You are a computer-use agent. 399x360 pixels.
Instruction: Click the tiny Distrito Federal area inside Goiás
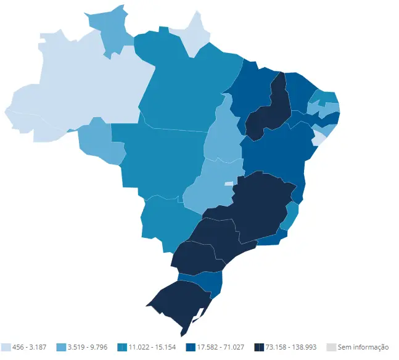pos(229,184)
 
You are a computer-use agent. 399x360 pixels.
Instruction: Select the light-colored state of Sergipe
pos(318,139)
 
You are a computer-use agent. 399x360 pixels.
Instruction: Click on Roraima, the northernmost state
pos(112,32)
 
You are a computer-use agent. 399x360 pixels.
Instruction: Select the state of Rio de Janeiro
pos(271,237)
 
